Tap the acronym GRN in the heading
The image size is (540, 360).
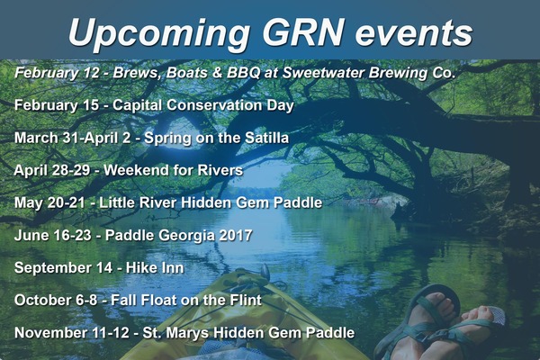click(x=303, y=31)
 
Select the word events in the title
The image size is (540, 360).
click(x=414, y=33)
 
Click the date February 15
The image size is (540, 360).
click(x=57, y=105)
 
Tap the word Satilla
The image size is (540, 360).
click(x=267, y=138)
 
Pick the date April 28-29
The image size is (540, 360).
click(x=52, y=170)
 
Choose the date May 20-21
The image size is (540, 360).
click(x=49, y=202)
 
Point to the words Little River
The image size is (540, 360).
click(x=138, y=202)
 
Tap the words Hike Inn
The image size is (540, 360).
click(x=155, y=267)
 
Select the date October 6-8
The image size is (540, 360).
click(x=56, y=300)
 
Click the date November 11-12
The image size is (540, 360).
click(x=72, y=333)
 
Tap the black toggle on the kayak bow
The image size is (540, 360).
click(x=265, y=272)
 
